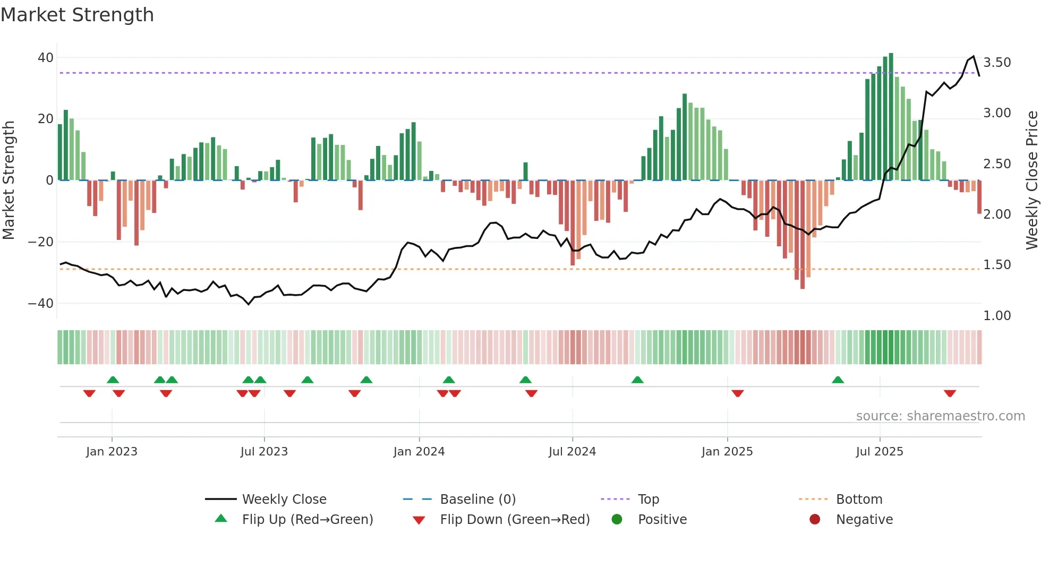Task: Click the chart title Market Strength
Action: tap(77, 15)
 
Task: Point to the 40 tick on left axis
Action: tap(46, 57)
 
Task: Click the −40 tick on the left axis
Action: tap(41, 304)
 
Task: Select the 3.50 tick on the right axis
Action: tap(997, 63)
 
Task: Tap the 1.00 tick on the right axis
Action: tap(997, 316)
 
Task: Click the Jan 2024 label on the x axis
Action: tap(419, 452)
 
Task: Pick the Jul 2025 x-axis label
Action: tap(880, 452)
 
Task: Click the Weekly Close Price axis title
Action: tap(1031, 180)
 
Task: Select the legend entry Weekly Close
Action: tap(284, 500)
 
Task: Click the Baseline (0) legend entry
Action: tap(477, 500)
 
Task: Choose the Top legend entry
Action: tap(648, 500)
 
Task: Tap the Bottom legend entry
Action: tap(859, 500)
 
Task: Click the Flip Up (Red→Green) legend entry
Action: tap(308, 520)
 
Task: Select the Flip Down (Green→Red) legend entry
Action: tap(515, 520)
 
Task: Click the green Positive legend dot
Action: tap(617, 519)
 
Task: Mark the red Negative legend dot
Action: tap(815, 519)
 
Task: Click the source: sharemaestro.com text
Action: tap(940, 416)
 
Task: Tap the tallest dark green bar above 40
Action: tap(891, 117)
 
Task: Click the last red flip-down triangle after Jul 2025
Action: tap(950, 393)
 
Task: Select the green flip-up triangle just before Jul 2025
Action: tap(838, 380)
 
